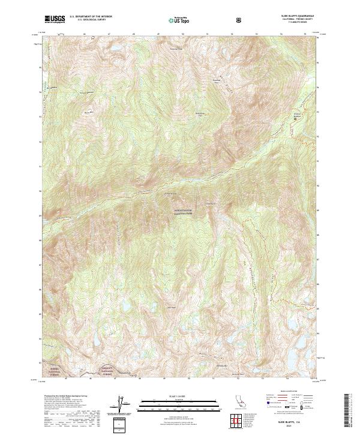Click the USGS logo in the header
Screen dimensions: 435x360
click(55, 19)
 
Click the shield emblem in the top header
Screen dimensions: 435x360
click(240, 20)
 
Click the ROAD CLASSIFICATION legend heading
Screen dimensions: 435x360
click(289, 389)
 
